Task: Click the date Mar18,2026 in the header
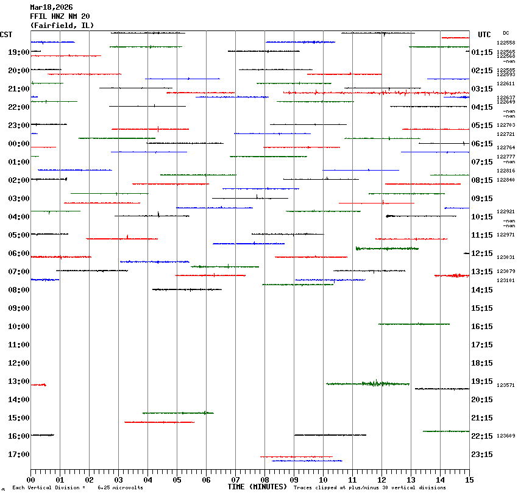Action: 51,7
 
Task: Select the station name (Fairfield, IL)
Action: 62,25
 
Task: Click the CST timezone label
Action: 6,34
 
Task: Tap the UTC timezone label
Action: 484,35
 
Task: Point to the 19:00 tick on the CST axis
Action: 18,52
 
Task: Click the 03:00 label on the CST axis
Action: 18,199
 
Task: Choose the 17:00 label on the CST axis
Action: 18,455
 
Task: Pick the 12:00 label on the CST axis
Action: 18,363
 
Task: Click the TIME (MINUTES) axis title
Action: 257,487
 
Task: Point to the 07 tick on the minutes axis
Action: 235,480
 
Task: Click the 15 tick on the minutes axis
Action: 469,480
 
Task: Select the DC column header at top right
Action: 506,33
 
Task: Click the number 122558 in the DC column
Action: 506,43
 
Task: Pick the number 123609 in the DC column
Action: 506,436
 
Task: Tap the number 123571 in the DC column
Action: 506,385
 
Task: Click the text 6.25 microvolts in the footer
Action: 120,487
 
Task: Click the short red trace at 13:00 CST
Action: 38,384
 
